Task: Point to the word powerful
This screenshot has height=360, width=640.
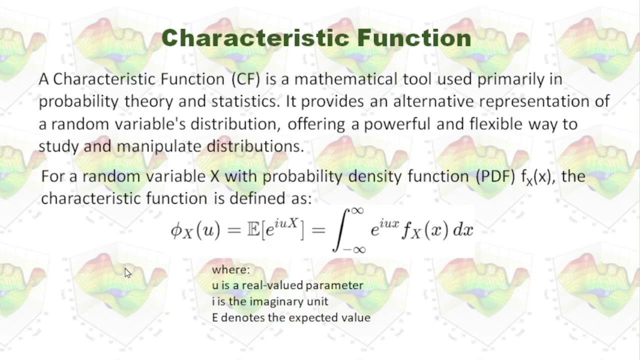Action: (x=397, y=124)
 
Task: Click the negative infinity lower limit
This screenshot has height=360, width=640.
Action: (x=354, y=249)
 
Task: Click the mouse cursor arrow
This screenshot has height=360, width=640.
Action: (x=128, y=273)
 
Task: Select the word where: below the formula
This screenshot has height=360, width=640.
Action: (x=230, y=270)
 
